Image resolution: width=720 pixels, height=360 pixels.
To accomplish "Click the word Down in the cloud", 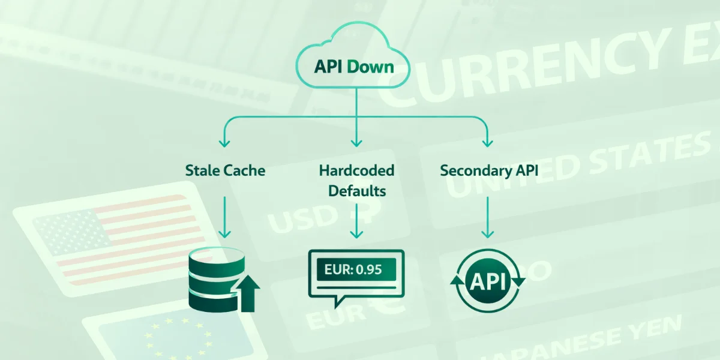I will pyautogui.click(x=371, y=66).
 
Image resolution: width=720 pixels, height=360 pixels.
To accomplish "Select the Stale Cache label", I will pyautogui.click(x=225, y=170).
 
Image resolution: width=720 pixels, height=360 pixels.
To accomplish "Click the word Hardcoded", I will pyautogui.click(x=356, y=170).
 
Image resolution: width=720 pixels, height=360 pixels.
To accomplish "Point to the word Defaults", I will pyautogui.click(x=356, y=191).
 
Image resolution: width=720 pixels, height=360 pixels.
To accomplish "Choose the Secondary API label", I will pyautogui.click(x=489, y=170).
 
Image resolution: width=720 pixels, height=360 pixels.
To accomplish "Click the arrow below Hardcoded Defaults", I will pyautogui.click(x=356, y=221).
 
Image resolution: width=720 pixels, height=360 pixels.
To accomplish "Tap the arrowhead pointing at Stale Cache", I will pyautogui.click(x=225, y=143).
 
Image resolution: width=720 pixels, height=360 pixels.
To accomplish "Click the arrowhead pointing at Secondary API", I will pyautogui.click(x=488, y=143).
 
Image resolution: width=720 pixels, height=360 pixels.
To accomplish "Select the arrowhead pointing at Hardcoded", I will pyautogui.click(x=356, y=143).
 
